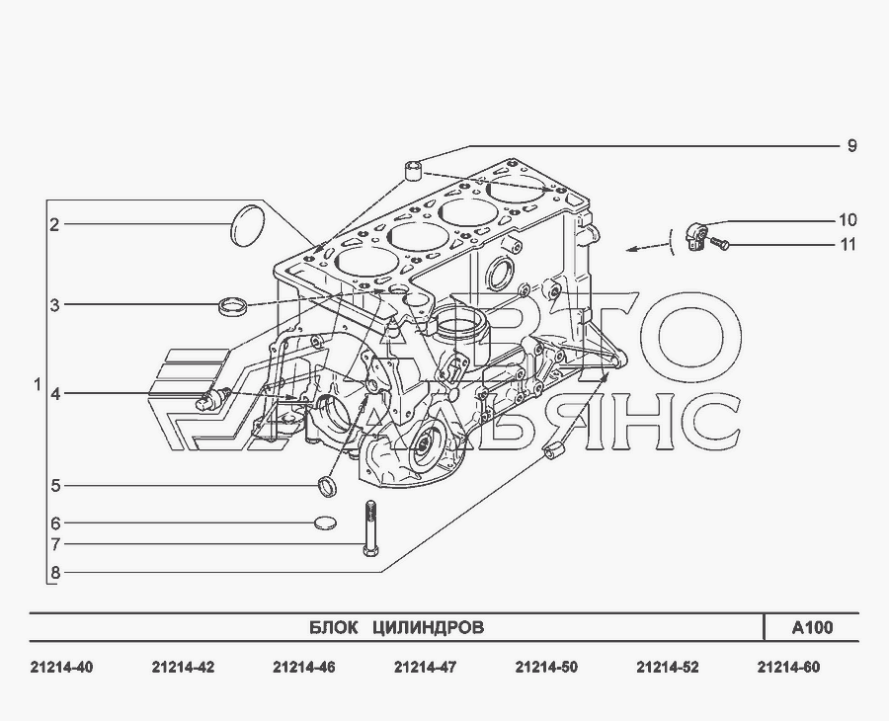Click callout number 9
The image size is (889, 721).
pos(851,145)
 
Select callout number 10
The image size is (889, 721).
pos(848,220)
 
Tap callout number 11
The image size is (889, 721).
pos(848,244)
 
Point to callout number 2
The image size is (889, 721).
pos(54,225)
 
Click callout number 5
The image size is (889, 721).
pos(55,486)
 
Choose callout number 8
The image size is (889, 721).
pos(55,573)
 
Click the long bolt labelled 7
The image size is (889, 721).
pos(370,528)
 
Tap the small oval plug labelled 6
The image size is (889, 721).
pos(325,522)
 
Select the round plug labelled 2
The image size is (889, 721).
pos(247,226)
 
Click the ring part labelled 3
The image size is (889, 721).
pos(232,306)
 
